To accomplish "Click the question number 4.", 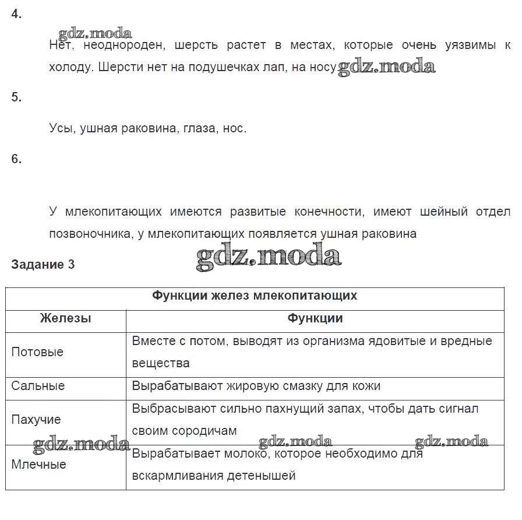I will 16,15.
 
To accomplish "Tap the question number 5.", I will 16,97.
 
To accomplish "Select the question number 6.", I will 16,159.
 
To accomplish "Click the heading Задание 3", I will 43,264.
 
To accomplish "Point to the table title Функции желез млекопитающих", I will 255,296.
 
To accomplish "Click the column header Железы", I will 65,318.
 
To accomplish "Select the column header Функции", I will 315,318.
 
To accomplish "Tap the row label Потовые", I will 37,352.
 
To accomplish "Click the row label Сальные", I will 38,386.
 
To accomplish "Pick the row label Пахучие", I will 36,420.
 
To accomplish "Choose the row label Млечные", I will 38,465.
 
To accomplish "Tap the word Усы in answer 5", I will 61,128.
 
